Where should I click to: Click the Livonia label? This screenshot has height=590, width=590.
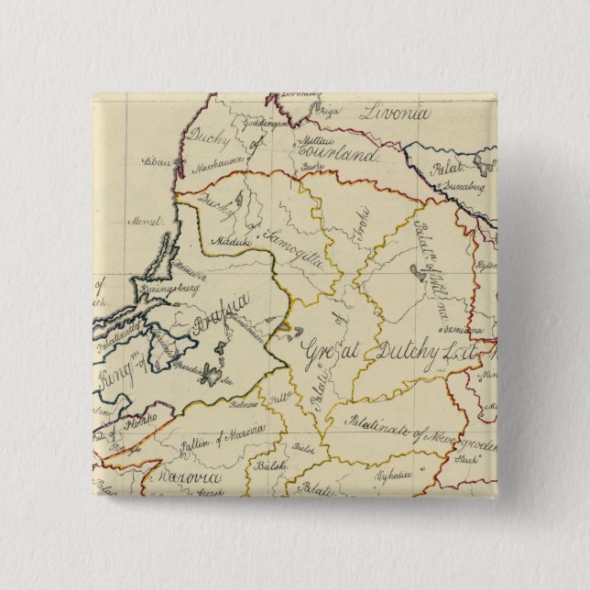click(394, 115)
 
